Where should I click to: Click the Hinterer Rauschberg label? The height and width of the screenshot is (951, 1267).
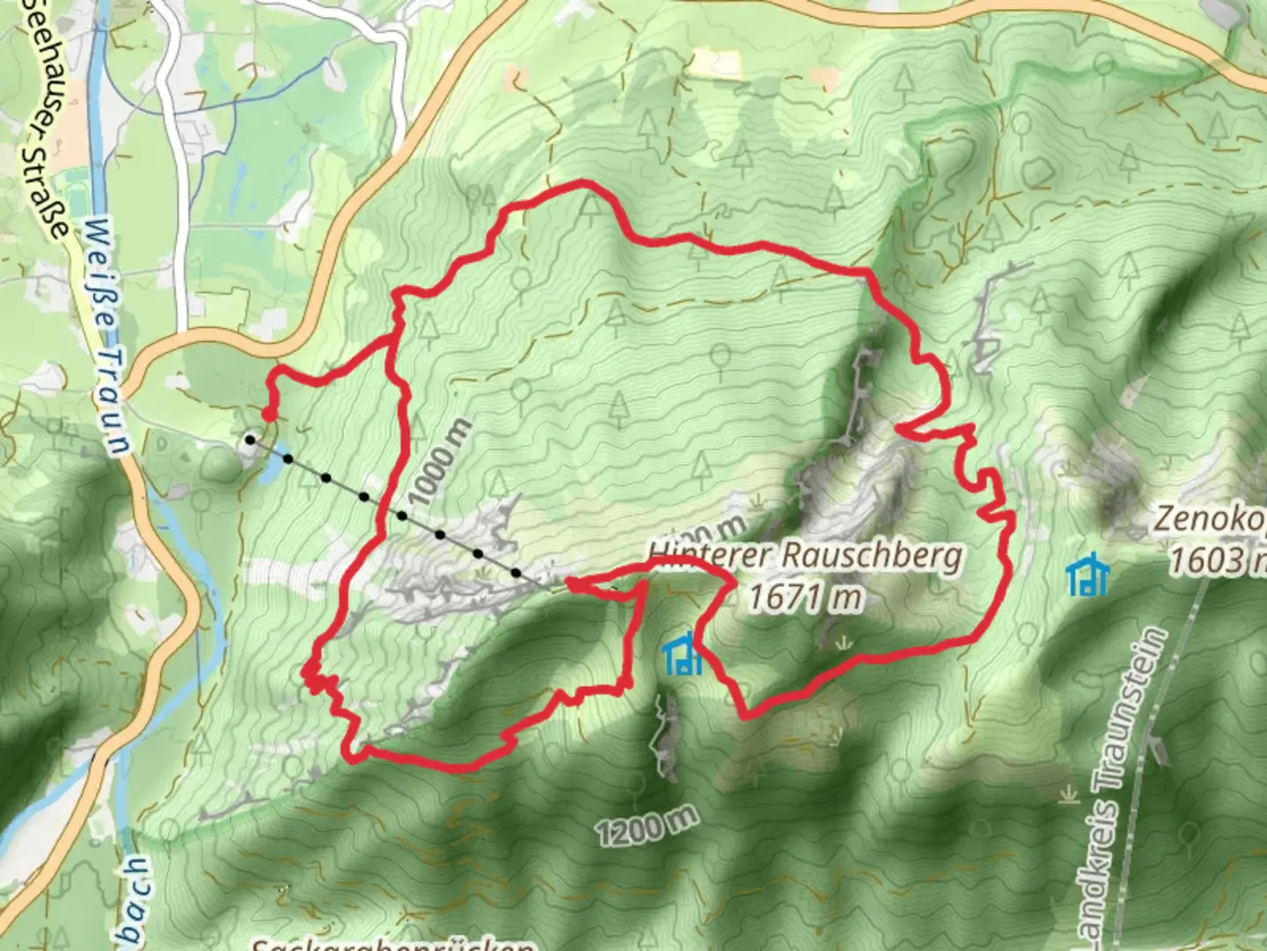click(805, 557)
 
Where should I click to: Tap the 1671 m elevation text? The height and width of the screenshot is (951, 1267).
click(804, 598)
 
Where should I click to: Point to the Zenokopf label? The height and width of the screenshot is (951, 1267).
click(1210, 519)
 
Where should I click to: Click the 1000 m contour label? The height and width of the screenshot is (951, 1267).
click(441, 463)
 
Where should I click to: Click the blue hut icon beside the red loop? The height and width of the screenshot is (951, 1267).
click(682, 656)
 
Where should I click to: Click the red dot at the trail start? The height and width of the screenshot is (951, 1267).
click(267, 414)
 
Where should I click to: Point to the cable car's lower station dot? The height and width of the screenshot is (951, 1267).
click(251, 439)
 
